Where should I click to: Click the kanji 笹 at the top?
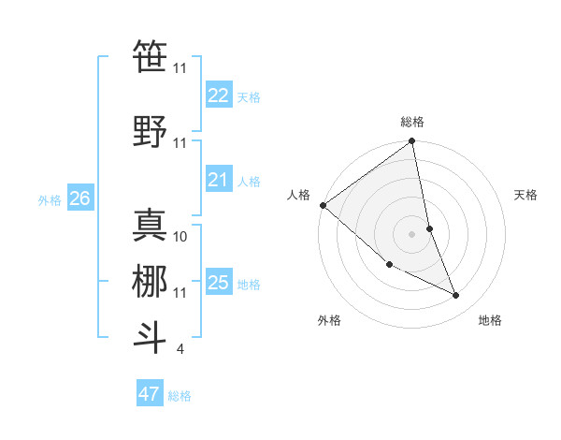click(150, 55)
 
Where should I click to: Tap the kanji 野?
click(150, 131)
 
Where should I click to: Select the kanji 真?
click(150, 225)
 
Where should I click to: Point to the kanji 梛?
click(150, 281)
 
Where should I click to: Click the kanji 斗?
click(150, 337)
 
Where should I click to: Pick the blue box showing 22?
click(219, 95)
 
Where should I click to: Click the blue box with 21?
click(219, 180)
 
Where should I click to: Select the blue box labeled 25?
click(219, 283)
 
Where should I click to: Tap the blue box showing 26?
click(80, 198)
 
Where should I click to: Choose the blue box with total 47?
click(150, 394)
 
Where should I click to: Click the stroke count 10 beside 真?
click(180, 237)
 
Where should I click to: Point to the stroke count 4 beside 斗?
click(180, 349)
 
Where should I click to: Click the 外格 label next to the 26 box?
click(50, 199)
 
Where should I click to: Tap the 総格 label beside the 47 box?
click(180, 396)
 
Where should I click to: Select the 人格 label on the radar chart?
click(299, 194)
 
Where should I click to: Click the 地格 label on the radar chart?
click(490, 320)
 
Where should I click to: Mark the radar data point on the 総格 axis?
click(411, 142)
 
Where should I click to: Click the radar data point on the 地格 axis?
click(456, 296)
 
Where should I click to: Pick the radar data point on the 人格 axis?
click(323, 205)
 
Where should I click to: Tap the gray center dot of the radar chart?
click(411, 234)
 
